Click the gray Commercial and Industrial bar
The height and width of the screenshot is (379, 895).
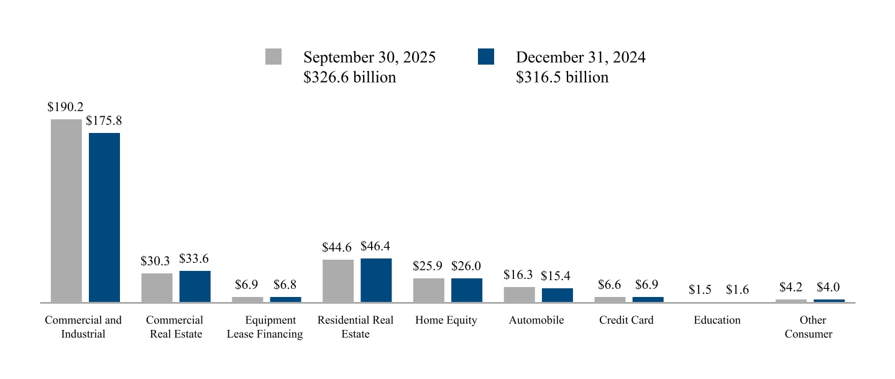pyautogui.click(x=66, y=211)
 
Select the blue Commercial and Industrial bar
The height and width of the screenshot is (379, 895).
pyautogui.click(x=104, y=217)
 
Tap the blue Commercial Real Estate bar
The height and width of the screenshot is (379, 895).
pyautogui.click(x=195, y=286)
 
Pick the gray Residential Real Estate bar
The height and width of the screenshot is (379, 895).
pyautogui.click(x=338, y=281)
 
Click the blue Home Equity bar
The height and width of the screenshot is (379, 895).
pyautogui.click(x=467, y=290)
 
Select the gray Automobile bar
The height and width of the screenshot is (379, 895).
pyautogui.click(x=520, y=295)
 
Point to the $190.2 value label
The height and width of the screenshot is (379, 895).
pyautogui.click(x=66, y=107)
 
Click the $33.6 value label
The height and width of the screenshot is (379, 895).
pyautogui.click(x=194, y=258)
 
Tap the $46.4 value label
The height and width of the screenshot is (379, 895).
pyautogui.click(x=375, y=246)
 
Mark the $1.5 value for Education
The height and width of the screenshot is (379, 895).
pyautogui.click(x=700, y=290)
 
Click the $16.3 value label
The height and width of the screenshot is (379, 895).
pyautogui.click(x=518, y=275)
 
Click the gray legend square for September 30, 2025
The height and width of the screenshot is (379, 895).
pyautogui.click(x=273, y=57)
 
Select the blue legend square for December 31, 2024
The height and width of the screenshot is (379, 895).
pyautogui.click(x=486, y=57)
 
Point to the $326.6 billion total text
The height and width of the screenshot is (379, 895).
pyautogui.click(x=349, y=77)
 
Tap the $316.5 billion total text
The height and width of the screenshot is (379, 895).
pyautogui.click(x=562, y=77)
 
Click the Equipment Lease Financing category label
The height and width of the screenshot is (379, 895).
pyautogui.click(x=265, y=327)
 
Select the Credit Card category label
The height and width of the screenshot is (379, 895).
pyautogui.click(x=626, y=321)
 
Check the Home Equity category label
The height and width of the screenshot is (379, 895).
pyautogui.click(x=446, y=321)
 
